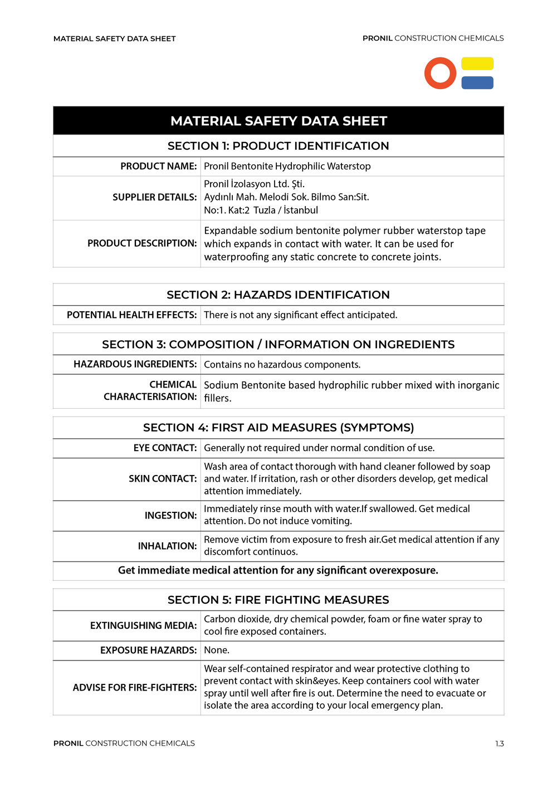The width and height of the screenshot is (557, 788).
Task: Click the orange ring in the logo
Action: [x=440, y=73]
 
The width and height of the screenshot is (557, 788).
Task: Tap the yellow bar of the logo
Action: [x=477, y=63]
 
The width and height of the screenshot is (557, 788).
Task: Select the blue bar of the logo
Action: [x=477, y=82]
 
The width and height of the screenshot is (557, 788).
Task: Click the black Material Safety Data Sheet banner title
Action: [x=278, y=121]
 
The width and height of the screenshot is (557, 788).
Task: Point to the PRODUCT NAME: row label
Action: [x=159, y=167]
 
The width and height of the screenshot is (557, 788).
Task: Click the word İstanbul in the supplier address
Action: [x=301, y=211]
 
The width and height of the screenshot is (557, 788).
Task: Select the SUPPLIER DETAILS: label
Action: [x=154, y=197]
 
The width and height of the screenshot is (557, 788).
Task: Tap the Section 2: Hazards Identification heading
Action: [x=278, y=295]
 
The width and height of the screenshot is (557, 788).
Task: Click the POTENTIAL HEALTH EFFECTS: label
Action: [x=131, y=315]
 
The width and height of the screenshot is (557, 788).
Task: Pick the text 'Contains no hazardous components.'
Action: [x=282, y=365]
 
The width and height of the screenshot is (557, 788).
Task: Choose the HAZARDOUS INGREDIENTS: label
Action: [x=135, y=364]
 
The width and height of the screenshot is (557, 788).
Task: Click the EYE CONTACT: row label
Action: [x=165, y=448]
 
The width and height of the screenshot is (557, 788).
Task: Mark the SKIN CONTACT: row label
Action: [x=163, y=479]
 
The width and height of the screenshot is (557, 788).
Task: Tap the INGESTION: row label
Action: [x=170, y=516]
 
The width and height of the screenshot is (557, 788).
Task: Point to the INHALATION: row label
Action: [x=167, y=546]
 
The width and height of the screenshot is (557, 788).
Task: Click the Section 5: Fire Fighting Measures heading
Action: [x=278, y=600]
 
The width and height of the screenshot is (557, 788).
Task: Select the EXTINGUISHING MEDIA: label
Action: [x=143, y=626]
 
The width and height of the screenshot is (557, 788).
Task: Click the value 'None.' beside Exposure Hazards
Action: [x=217, y=650]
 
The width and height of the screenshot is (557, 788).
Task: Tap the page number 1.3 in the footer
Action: [x=499, y=744]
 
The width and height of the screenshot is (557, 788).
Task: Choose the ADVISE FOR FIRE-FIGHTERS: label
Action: [x=135, y=688]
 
